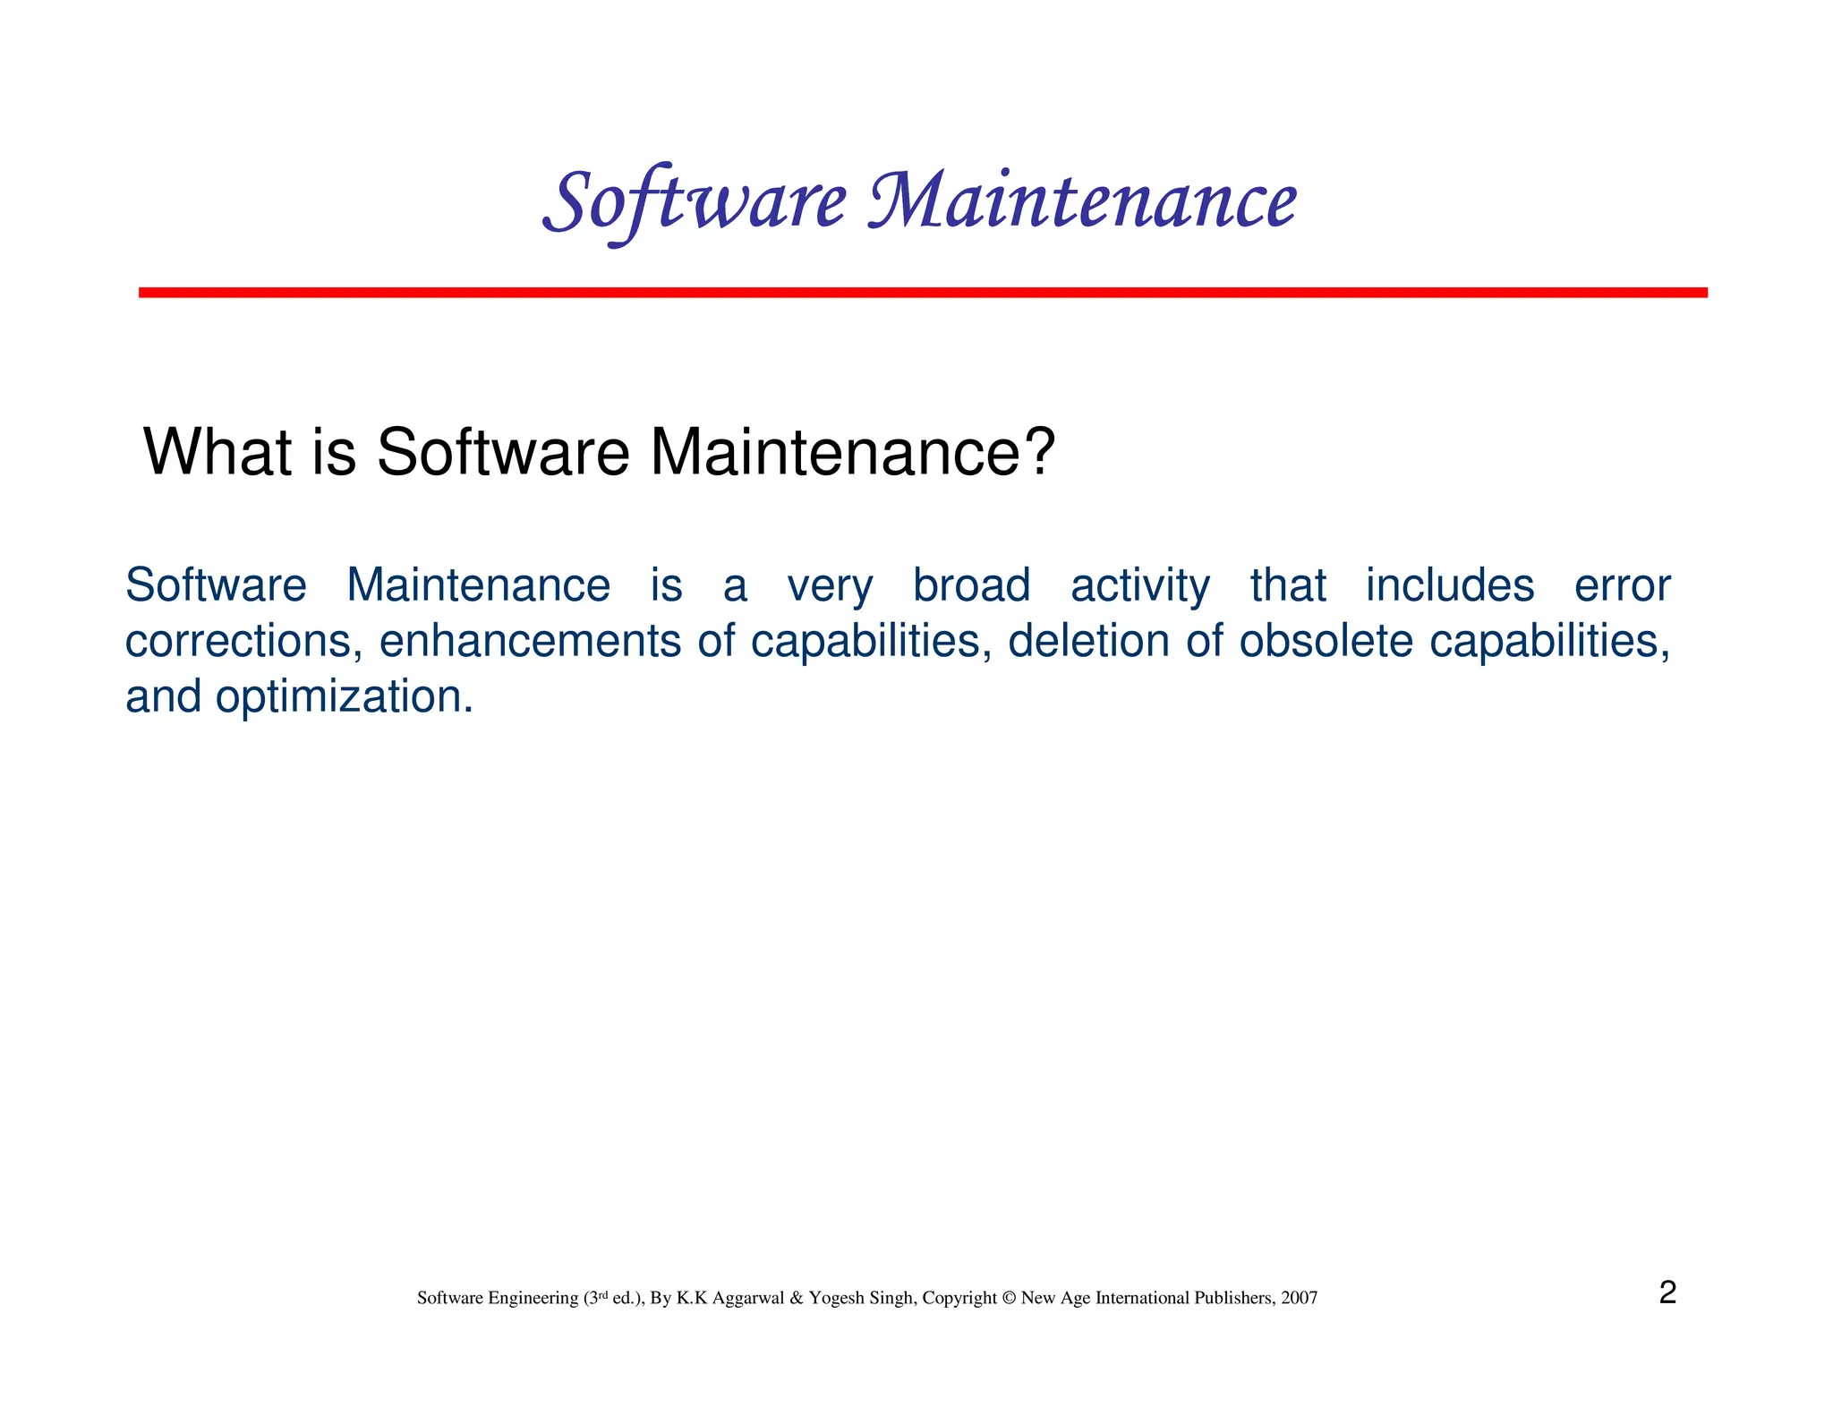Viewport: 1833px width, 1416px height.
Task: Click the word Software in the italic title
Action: (695, 202)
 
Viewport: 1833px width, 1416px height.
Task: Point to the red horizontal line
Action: (922, 293)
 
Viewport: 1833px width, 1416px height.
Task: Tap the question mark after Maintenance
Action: (1038, 452)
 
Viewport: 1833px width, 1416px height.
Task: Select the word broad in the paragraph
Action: (971, 586)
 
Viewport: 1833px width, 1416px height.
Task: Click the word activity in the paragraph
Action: (1139, 586)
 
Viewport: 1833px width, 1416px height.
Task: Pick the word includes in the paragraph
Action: (1449, 586)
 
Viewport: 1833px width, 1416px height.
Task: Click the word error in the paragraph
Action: (1622, 586)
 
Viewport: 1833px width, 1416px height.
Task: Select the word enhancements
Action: (530, 642)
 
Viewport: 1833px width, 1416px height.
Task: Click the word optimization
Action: (344, 697)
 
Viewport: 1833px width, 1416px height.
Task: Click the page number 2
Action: (1667, 1292)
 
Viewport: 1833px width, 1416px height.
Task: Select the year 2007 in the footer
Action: (1299, 1298)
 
